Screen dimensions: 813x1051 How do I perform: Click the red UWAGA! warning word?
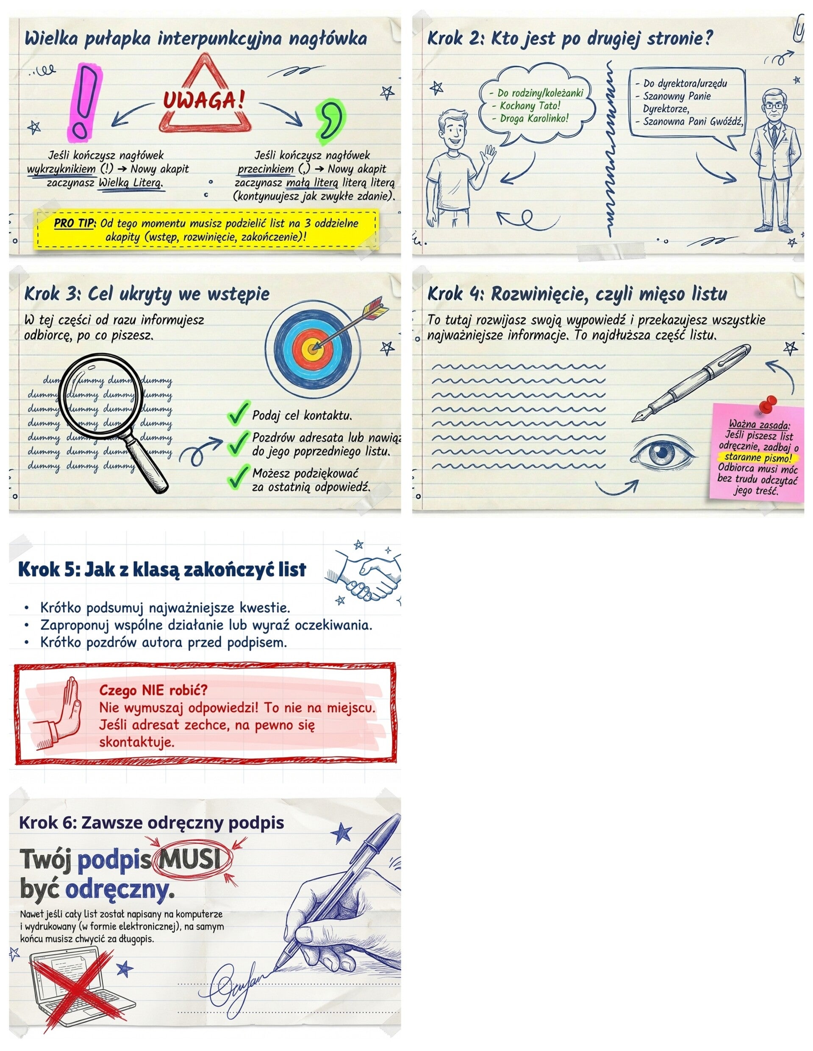point(204,100)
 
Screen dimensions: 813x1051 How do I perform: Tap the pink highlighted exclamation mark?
point(82,103)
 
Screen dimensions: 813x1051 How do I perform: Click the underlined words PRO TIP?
point(75,224)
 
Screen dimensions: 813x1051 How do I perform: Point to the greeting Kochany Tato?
point(530,106)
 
